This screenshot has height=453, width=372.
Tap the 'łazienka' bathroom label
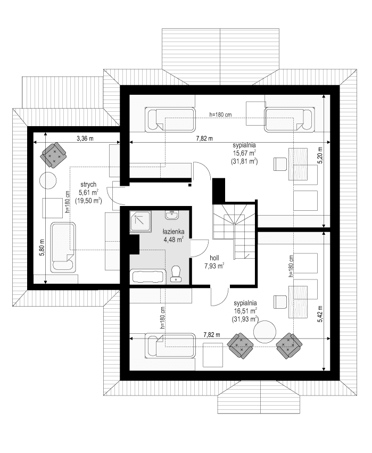(173, 231)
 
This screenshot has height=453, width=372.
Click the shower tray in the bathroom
(141, 221)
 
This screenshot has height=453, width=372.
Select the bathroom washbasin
(172, 216)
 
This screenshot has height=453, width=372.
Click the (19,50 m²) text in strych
(88, 201)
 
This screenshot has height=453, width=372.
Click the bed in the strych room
(62, 247)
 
